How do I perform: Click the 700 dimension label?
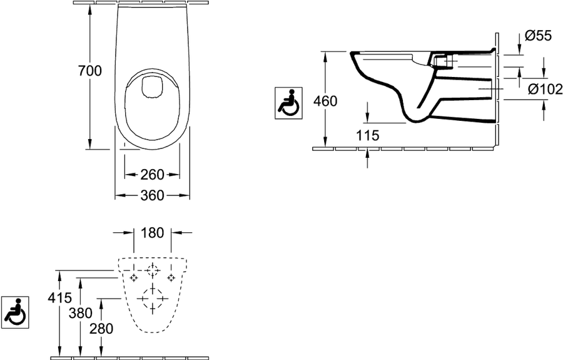pyautogui.click(x=89, y=71)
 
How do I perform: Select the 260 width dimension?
pyautogui.click(x=152, y=175)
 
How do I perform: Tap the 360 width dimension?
pyautogui.click(x=152, y=195)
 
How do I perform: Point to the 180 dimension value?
pyautogui.click(x=152, y=233)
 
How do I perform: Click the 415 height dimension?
pyautogui.click(x=60, y=297)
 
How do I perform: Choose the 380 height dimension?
pyautogui.click(x=81, y=313)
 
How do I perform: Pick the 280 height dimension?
pyautogui.click(x=101, y=329)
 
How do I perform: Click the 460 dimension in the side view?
pyautogui.click(x=325, y=101)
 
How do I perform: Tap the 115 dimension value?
pyautogui.click(x=367, y=135)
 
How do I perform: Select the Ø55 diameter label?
pyautogui.click(x=538, y=36)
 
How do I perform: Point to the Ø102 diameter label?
pyautogui.click(x=545, y=89)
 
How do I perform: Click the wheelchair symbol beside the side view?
pyautogui.click(x=288, y=103)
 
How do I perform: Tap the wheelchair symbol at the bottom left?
pyautogui.click(x=15, y=312)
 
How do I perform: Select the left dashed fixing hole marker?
pyautogui.click(x=134, y=277)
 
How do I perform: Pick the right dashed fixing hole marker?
pyautogui.click(x=171, y=277)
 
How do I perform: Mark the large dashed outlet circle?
pyautogui.click(x=153, y=299)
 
